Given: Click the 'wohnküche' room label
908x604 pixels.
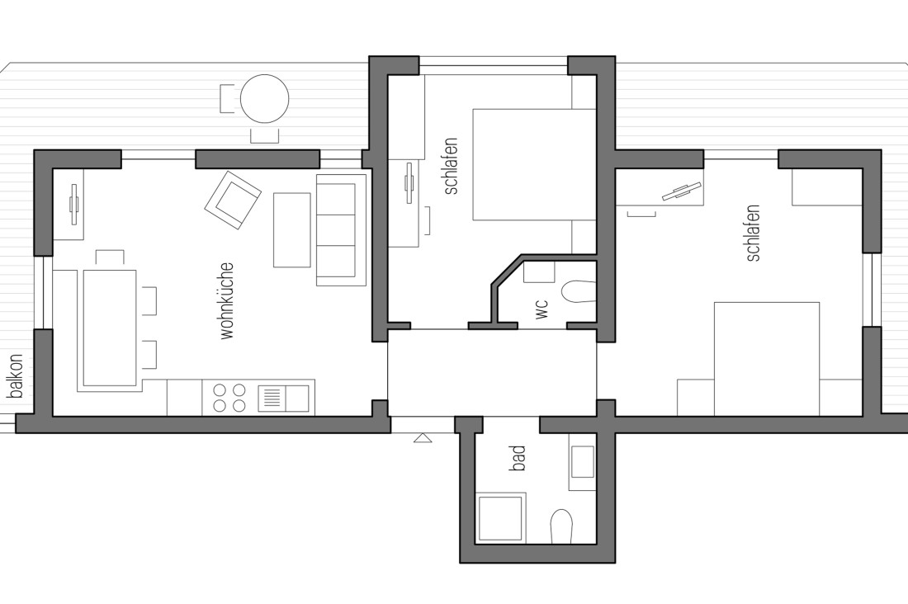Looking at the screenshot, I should click(x=228, y=300).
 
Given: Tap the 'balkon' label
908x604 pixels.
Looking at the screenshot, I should click(x=16, y=376).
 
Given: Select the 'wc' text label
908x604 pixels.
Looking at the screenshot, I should click(x=541, y=309).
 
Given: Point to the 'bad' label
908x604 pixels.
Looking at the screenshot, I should click(x=518, y=458).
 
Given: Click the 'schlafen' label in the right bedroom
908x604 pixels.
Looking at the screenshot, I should click(x=752, y=234).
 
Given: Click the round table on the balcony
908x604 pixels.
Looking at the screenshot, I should click(x=264, y=99).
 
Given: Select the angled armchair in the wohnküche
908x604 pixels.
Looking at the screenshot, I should click(x=233, y=199).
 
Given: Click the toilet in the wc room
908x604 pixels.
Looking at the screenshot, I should click(x=578, y=290).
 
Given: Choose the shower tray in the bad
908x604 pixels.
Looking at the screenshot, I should click(x=501, y=518).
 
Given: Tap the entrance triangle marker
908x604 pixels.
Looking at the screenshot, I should click(x=423, y=437).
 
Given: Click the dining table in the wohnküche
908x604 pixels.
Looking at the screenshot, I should click(x=109, y=328).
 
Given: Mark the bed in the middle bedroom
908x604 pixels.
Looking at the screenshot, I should click(x=533, y=164).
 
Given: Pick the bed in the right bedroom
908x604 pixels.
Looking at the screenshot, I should click(x=766, y=358).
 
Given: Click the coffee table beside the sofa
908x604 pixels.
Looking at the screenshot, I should click(x=292, y=229).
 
